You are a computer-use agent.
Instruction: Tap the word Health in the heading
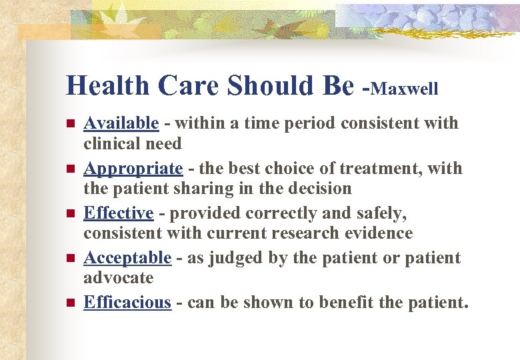pyautogui.click(x=109, y=86)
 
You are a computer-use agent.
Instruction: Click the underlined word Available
pyautogui.click(x=121, y=123)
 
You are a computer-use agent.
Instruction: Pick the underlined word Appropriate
pyautogui.click(x=133, y=169)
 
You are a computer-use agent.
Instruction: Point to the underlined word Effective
pyautogui.click(x=118, y=213)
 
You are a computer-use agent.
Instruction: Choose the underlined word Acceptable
pyautogui.click(x=127, y=258)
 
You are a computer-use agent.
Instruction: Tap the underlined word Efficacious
pyautogui.click(x=127, y=303)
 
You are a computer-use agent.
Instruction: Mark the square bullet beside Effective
pyautogui.click(x=70, y=214)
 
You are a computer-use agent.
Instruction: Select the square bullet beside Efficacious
pyautogui.click(x=70, y=303)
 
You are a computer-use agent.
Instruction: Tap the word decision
pyautogui.click(x=317, y=189)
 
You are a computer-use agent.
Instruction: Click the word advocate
pyautogui.click(x=118, y=278)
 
